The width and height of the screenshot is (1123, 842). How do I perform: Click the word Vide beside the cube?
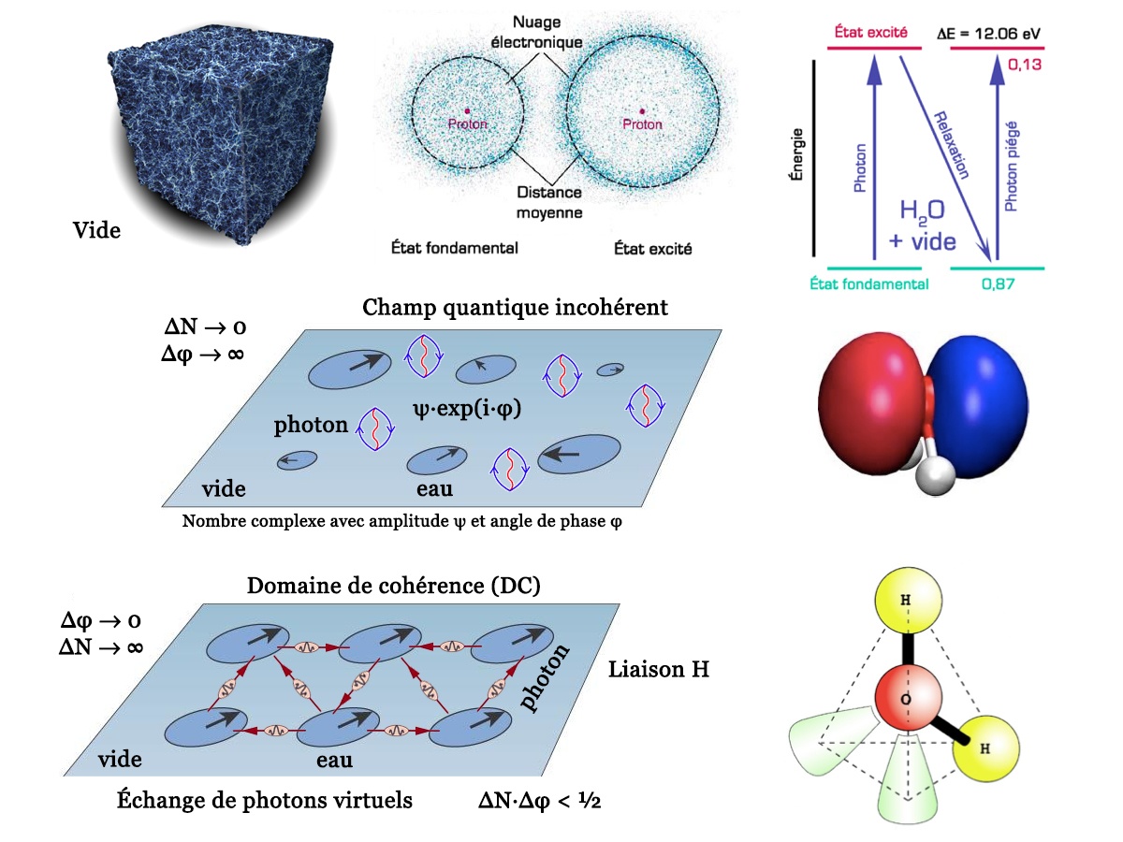pos(97,229)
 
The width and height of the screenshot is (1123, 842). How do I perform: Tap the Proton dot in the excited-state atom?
pos(642,109)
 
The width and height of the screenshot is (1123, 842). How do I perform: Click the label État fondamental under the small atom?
pos(455,249)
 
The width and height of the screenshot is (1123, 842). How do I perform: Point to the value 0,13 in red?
pos(1026,65)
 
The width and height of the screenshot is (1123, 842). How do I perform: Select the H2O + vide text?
pos(921,226)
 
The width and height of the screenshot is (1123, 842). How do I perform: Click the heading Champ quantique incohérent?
pos(516,307)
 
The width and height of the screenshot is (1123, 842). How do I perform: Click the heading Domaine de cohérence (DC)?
pos(394,586)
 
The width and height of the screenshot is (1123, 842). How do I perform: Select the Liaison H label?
pos(659,670)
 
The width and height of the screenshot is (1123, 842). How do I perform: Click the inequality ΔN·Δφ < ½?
pos(539,801)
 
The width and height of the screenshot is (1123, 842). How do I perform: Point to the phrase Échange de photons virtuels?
pos(265,801)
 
